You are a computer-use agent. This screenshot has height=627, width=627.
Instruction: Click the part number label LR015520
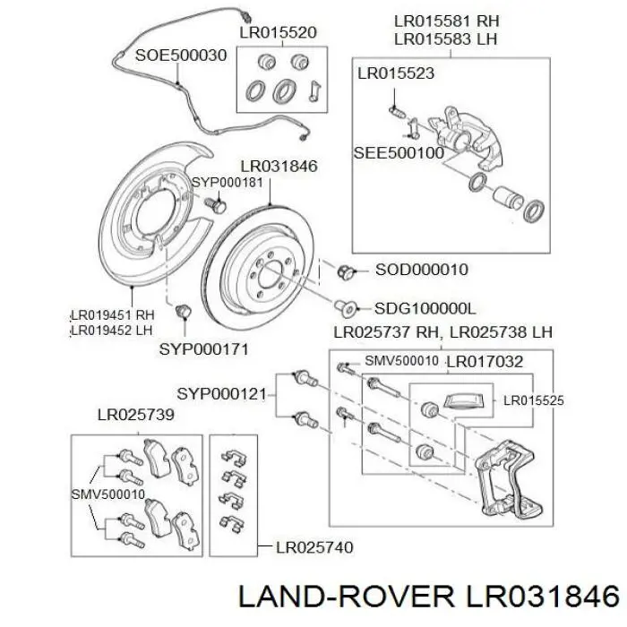click(278, 32)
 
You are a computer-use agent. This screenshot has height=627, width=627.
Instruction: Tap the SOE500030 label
click(180, 55)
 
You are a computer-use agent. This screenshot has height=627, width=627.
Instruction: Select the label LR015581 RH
click(447, 19)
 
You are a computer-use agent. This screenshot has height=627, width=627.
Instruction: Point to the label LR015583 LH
click(447, 39)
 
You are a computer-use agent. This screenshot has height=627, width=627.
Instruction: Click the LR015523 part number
click(397, 71)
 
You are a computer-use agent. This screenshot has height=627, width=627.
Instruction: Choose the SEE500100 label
click(399, 153)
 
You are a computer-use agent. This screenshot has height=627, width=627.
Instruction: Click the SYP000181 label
click(227, 182)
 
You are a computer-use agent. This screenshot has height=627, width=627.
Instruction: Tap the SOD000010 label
click(421, 269)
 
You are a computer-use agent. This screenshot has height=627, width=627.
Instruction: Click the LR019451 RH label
click(113, 314)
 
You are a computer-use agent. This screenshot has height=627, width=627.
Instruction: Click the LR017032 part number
click(484, 362)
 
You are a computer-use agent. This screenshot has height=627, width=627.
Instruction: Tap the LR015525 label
click(533, 400)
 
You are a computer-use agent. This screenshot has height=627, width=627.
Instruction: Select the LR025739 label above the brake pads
click(135, 416)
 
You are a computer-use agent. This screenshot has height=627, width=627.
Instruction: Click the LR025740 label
click(313, 546)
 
